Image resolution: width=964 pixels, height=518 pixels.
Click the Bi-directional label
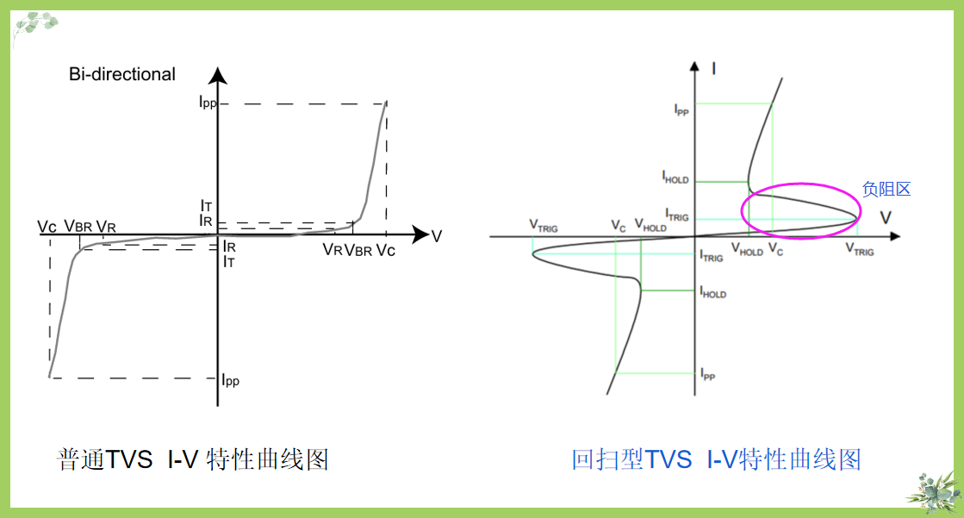(x=121, y=75)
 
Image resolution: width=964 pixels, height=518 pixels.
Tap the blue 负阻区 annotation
(x=886, y=190)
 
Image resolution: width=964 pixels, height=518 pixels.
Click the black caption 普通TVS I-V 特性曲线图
(x=193, y=459)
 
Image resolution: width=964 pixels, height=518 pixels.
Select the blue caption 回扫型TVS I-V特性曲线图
(x=716, y=459)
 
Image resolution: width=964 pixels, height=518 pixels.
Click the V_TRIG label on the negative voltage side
(x=544, y=227)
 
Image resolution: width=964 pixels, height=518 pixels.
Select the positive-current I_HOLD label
(x=675, y=178)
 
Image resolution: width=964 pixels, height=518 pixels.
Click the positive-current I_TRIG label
(x=676, y=215)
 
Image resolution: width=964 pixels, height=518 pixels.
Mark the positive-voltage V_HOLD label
(x=747, y=251)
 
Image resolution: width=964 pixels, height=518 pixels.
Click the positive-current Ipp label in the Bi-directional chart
(x=207, y=103)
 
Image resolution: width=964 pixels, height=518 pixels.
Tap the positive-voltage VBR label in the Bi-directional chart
(x=358, y=250)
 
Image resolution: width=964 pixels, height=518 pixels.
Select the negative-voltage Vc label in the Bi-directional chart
(x=47, y=227)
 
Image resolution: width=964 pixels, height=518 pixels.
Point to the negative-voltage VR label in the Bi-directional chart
(x=106, y=227)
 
